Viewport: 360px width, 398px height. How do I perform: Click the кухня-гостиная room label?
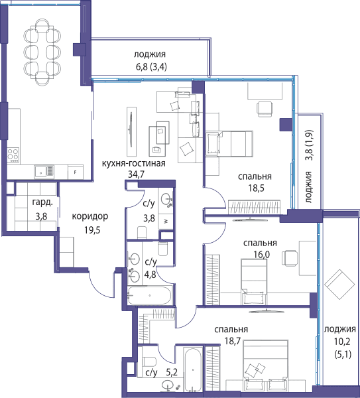click(133, 163)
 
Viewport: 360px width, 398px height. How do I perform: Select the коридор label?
click(90, 216)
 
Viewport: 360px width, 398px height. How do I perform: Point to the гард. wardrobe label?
click(42, 202)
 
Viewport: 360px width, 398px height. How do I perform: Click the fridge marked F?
click(76, 172)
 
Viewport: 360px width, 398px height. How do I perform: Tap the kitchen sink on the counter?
click(44, 172)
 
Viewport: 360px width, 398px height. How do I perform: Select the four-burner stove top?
click(13, 155)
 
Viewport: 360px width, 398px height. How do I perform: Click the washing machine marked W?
click(166, 221)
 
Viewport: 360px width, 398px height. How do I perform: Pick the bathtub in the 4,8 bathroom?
click(150, 295)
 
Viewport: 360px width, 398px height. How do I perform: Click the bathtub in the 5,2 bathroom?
click(194, 369)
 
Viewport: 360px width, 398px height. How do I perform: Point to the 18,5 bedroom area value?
click(256, 188)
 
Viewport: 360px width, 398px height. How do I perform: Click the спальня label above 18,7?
click(231, 330)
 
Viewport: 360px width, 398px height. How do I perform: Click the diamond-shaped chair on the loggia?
click(339, 284)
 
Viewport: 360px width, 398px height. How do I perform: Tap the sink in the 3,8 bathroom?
click(166, 198)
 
